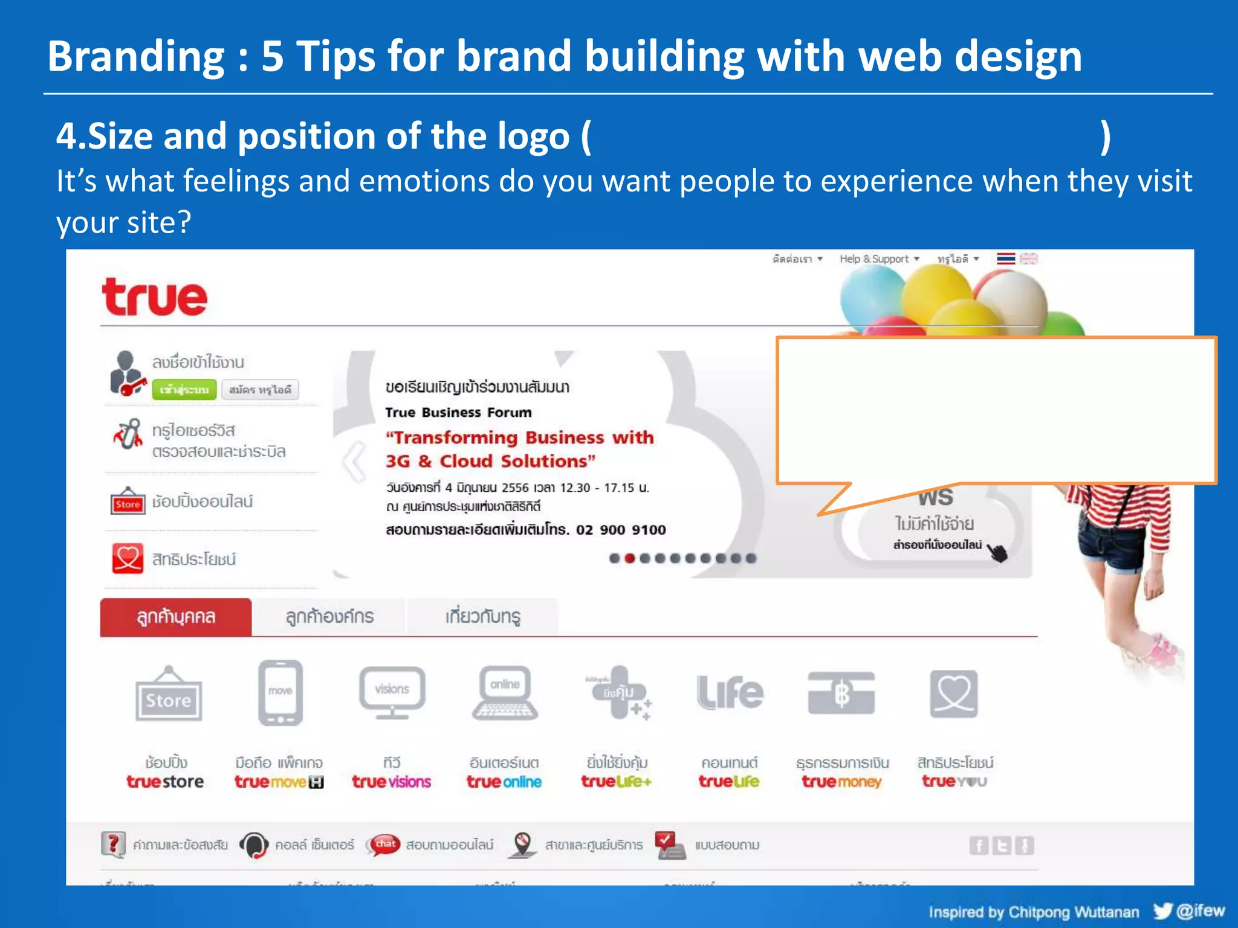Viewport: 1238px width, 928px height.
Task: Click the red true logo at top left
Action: pyautogui.click(x=155, y=297)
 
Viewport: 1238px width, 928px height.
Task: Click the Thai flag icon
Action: pyautogui.click(x=1006, y=259)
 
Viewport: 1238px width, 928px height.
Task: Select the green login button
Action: pyautogui.click(x=184, y=390)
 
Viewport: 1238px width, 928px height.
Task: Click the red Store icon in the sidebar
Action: pyautogui.click(x=128, y=502)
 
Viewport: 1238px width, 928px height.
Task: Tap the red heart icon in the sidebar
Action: pyautogui.click(x=128, y=558)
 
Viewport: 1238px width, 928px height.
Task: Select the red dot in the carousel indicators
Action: pyautogui.click(x=629, y=558)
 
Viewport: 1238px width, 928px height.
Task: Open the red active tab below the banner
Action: pyautogui.click(x=176, y=617)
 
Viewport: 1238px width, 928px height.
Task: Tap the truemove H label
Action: pyautogui.click(x=279, y=782)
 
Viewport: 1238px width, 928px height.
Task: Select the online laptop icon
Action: pyautogui.click(x=505, y=692)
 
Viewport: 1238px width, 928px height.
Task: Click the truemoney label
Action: pyautogui.click(x=841, y=782)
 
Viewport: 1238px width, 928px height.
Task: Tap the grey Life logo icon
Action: pyautogui.click(x=730, y=692)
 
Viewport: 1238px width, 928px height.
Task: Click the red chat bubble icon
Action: pyautogui.click(x=385, y=843)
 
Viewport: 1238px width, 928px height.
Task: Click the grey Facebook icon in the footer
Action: pyautogui.click(x=979, y=845)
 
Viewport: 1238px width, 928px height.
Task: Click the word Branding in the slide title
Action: pyautogui.click(x=136, y=56)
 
